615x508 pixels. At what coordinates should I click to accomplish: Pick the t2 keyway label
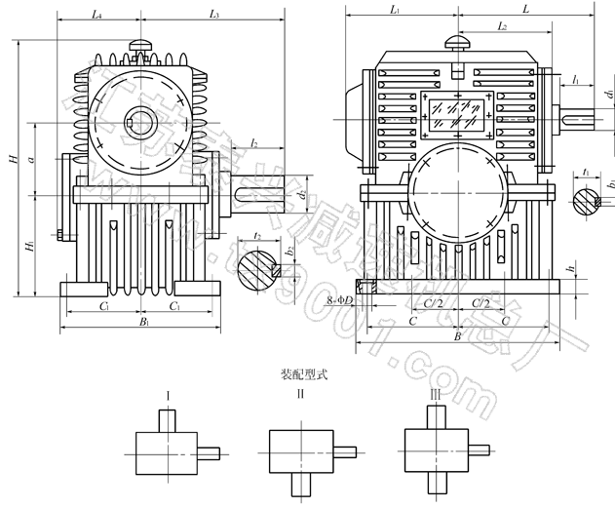[x=255, y=235]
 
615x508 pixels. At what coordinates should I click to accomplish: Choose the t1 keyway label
[x=584, y=171]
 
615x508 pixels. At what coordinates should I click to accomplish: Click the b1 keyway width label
[x=609, y=183]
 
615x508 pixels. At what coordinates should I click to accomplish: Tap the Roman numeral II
[x=302, y=395]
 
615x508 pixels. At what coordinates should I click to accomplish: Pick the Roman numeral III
[x=436, y=395]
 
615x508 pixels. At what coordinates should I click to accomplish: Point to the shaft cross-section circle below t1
[x=586, y=202]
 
